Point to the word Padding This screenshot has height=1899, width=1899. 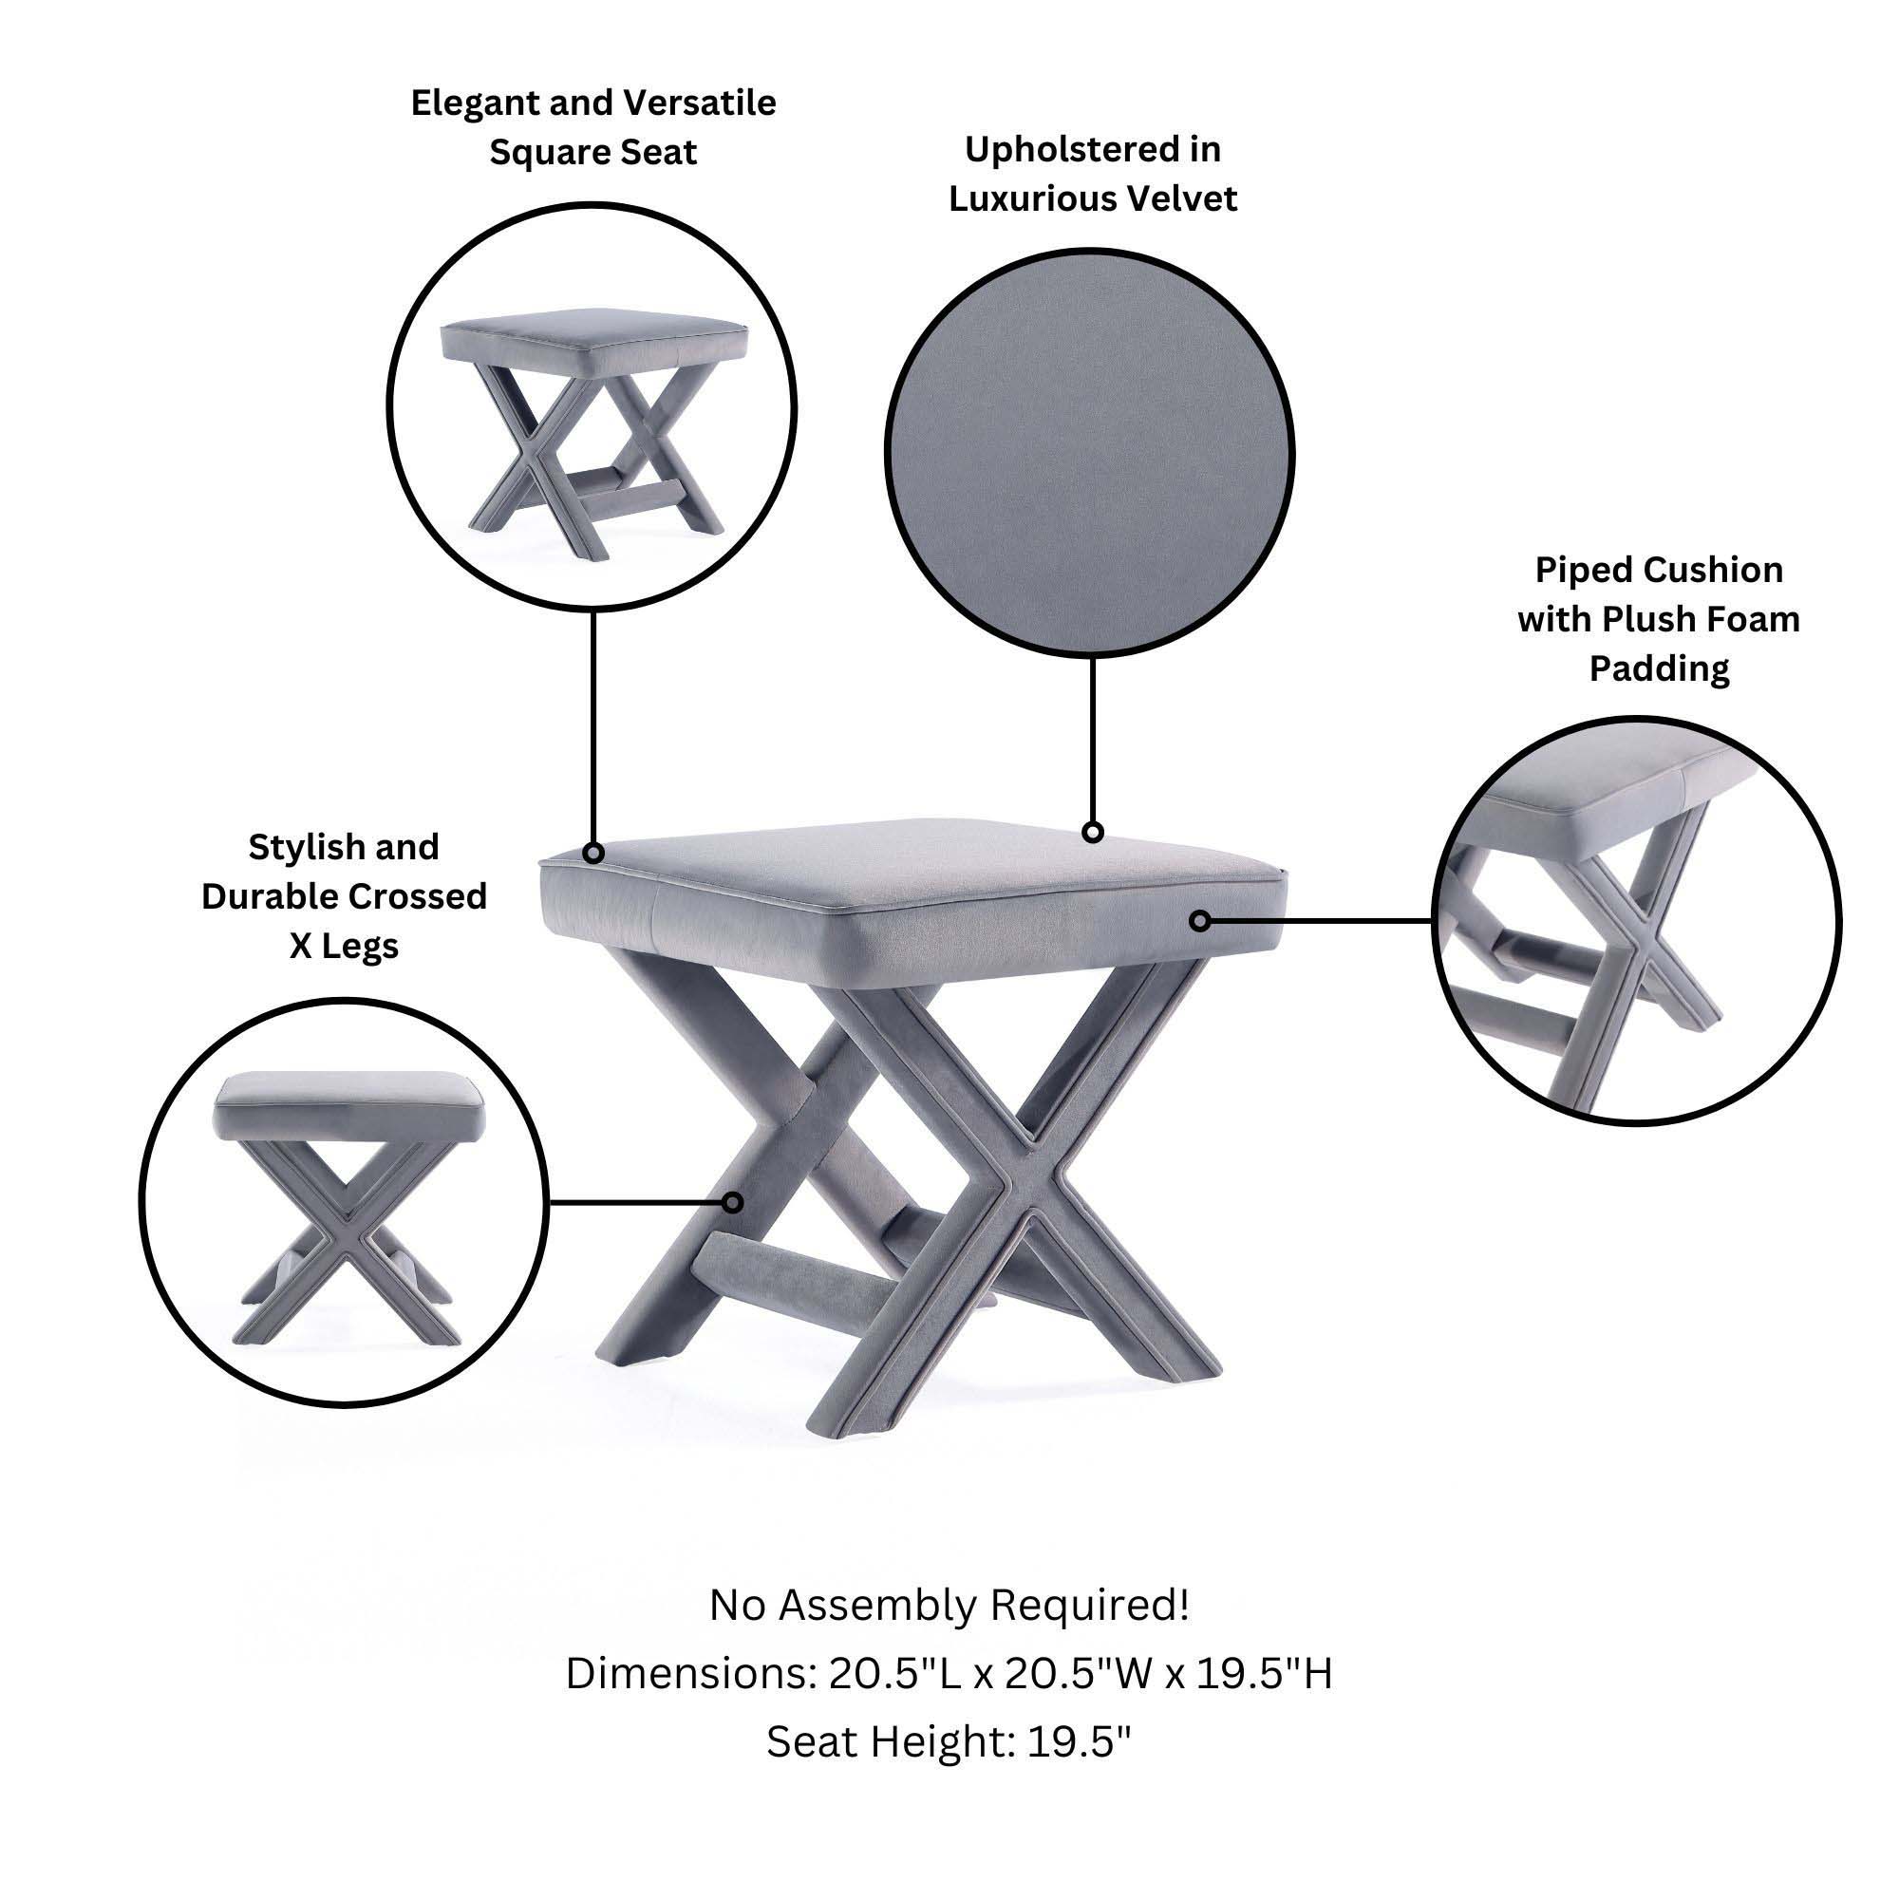click(1659, 668)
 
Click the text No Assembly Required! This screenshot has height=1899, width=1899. click(949, 1605)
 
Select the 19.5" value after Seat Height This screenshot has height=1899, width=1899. click(1080, 1741)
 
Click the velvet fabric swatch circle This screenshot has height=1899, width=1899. click(1089, 452)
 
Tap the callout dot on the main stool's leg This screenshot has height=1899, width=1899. click(732, 1201)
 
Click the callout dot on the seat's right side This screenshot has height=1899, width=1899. click(1199, 921)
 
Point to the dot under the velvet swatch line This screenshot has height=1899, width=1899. click(1092, 833)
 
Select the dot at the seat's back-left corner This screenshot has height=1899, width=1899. click(592, 853)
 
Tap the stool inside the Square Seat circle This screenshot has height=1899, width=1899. click(593, 432)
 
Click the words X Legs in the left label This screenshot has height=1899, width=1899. click(343, 946)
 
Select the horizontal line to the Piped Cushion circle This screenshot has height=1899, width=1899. click(1317, 921)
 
